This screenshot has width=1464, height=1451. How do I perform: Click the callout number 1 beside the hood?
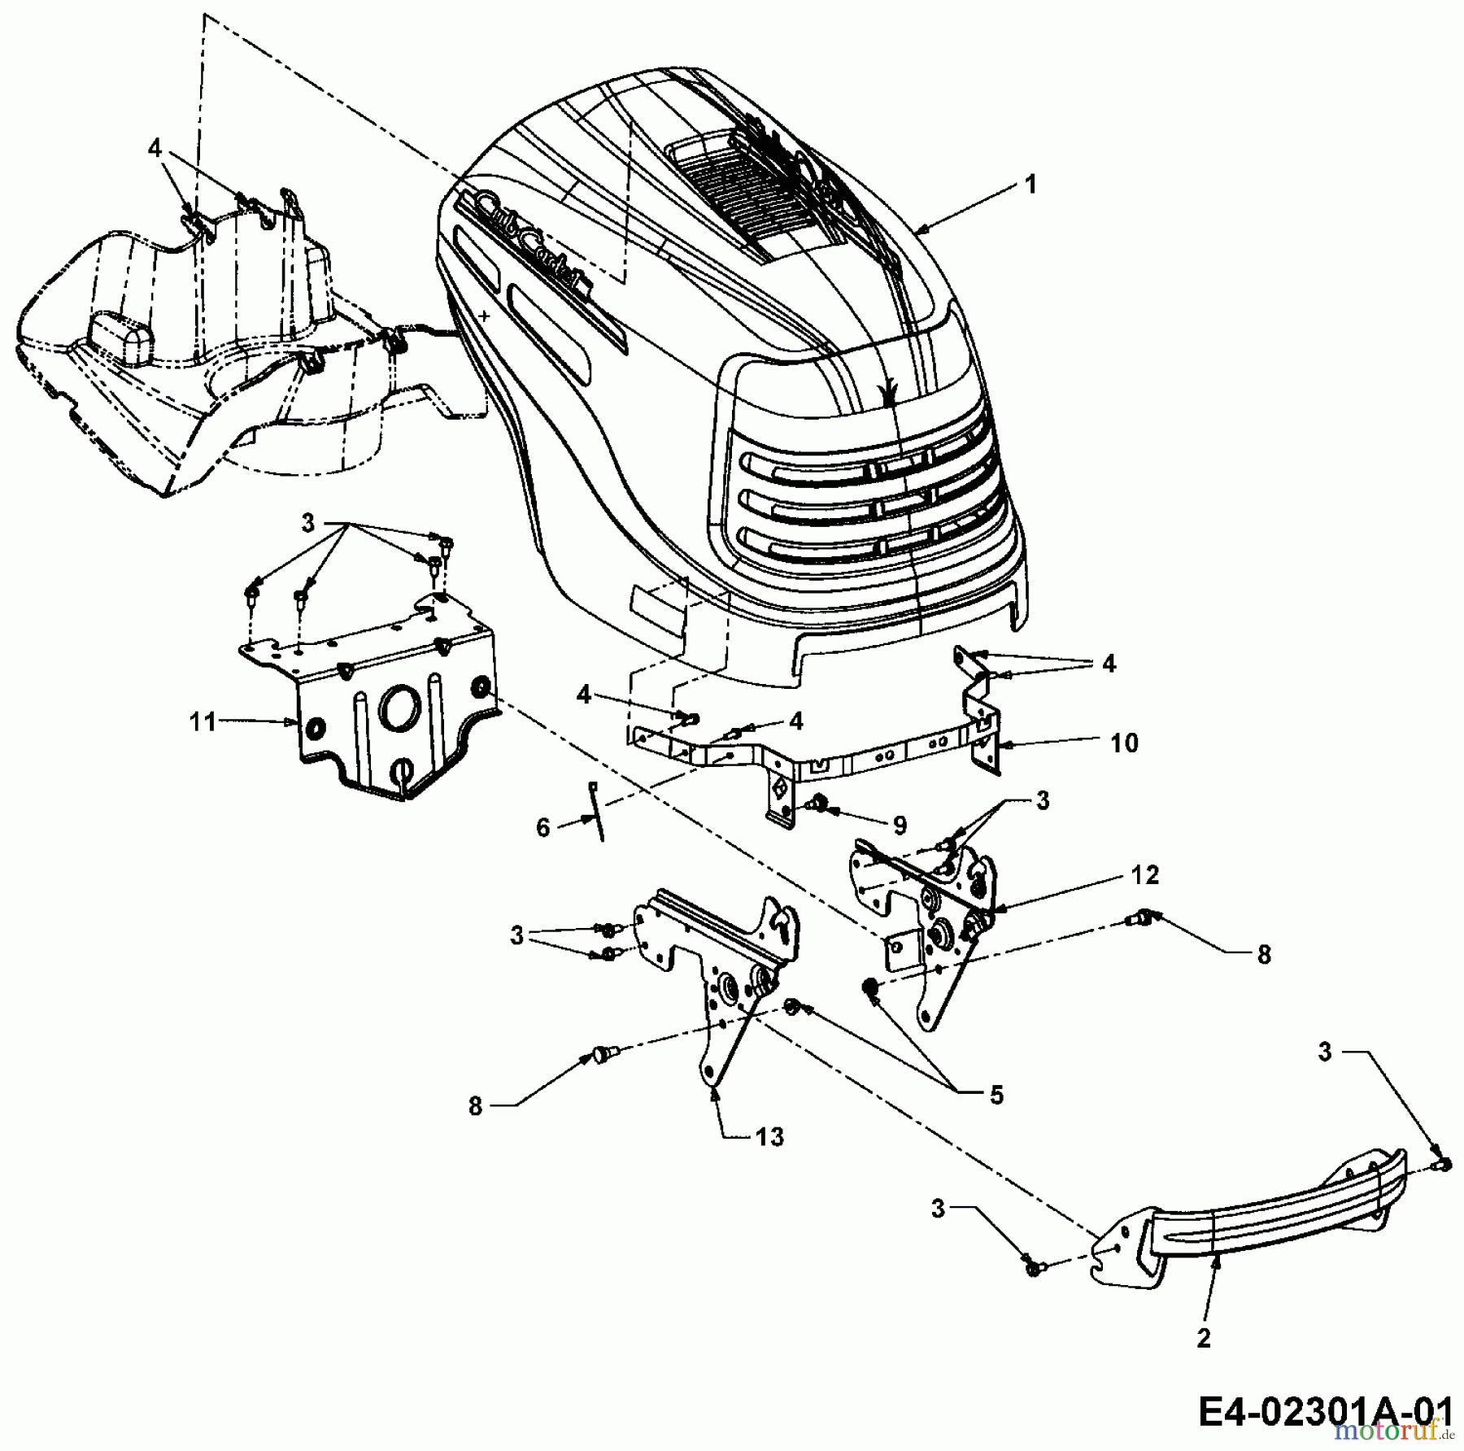pyautogui.click(x=1030, y=185)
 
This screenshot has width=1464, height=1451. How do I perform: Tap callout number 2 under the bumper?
pyautogui.click(x=1204, y=1339)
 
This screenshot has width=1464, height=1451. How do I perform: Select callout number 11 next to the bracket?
pyautogui.click(x=203, y=721)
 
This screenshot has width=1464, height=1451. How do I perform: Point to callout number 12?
pyautogui.click(x=1144, y=875)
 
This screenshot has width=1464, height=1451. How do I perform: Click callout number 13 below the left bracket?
pyautogui.click(x=768, y=1136)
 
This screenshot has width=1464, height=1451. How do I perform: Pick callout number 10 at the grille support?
pyautogui.click(x=1124, y=743)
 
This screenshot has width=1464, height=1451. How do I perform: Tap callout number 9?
pyautogui.click(x=899, y=826)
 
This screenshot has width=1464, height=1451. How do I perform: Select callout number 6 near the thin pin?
pyautogui.click(x=543, y=828)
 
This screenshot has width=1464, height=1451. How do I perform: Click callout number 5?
pyautogui.click(x=996, y=1095)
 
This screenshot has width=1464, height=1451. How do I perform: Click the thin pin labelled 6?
pyautogui.click(x=596, y=809)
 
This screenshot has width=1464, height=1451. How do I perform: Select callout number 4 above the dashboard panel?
pyautogui.click(x=155, y=148)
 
